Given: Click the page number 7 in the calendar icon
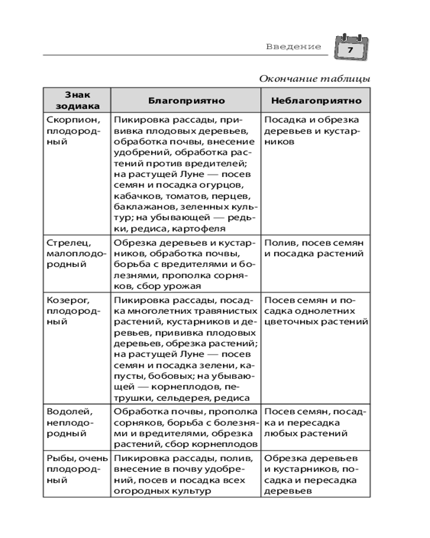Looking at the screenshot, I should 350,49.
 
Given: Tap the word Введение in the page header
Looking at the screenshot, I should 293,47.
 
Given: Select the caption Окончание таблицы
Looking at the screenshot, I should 314,79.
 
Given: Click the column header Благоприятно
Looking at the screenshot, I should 186,101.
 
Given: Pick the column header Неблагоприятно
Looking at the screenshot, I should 316,101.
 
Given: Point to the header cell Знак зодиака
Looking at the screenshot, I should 76,101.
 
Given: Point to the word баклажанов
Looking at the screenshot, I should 140,207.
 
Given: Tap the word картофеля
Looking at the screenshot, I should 207,229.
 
